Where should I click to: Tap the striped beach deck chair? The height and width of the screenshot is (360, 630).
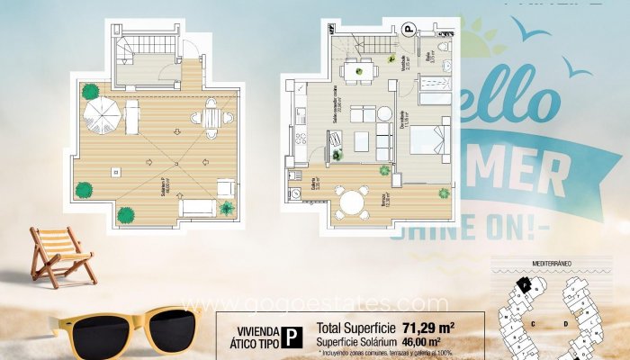61,255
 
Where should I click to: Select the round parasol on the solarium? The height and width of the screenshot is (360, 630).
101,114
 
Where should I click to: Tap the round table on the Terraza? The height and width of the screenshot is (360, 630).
354,201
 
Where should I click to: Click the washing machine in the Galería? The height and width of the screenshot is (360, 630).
295,193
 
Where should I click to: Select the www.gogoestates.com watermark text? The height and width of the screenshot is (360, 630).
314,303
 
